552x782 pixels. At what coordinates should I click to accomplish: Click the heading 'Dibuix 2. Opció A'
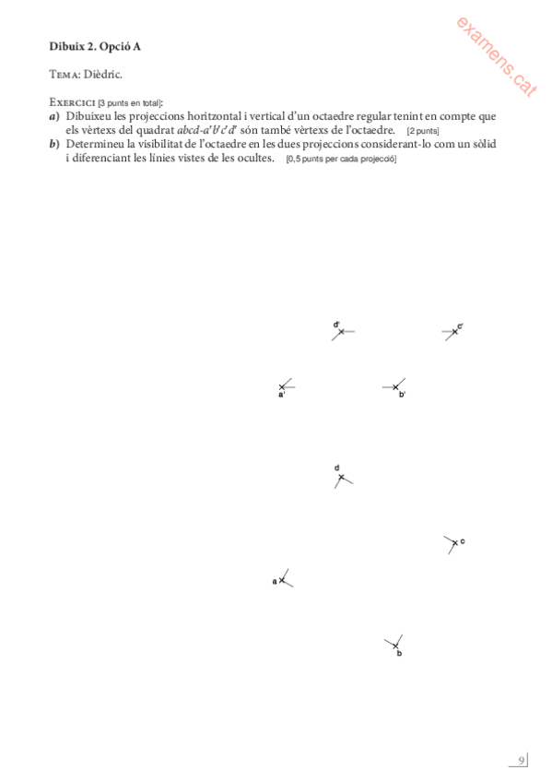coord(95,44)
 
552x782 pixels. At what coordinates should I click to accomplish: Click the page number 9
coord(521,760)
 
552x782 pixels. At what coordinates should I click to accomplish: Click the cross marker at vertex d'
coord(340,331)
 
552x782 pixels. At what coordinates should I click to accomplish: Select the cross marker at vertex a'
coord(282,387)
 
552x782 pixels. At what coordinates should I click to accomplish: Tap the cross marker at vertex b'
coord(395,387)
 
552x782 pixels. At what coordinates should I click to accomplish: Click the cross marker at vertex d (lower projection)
coord(341,478)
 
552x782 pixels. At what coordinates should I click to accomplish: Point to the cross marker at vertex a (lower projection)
coord(282,581)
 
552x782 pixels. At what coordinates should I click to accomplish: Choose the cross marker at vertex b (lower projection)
coord(395,645)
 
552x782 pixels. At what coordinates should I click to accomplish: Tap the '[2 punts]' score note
coord(422,131)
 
